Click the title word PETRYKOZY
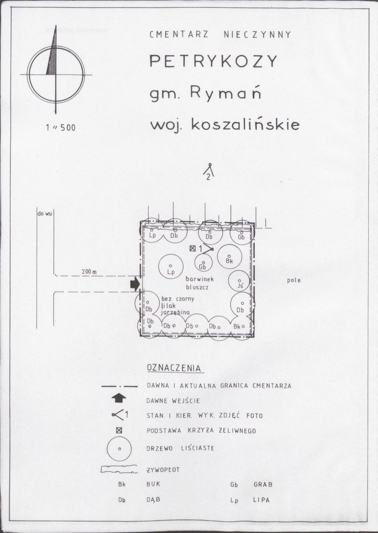[213, 61]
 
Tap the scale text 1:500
[61, 128]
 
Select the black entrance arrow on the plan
[135, 284]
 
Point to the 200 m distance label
[89, 271]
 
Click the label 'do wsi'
[45, 214]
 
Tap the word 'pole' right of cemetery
[293, 280]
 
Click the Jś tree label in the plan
[240, 286]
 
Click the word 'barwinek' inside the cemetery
[199, 279]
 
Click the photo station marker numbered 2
[210, 172]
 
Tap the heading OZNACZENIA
[174, 368]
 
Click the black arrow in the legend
[119, 398]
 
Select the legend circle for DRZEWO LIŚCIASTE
[119, 449]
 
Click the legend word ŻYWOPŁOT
[163, 470]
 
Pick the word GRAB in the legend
[263, 485]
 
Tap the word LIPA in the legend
[261, 501]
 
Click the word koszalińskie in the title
[245, 125]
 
